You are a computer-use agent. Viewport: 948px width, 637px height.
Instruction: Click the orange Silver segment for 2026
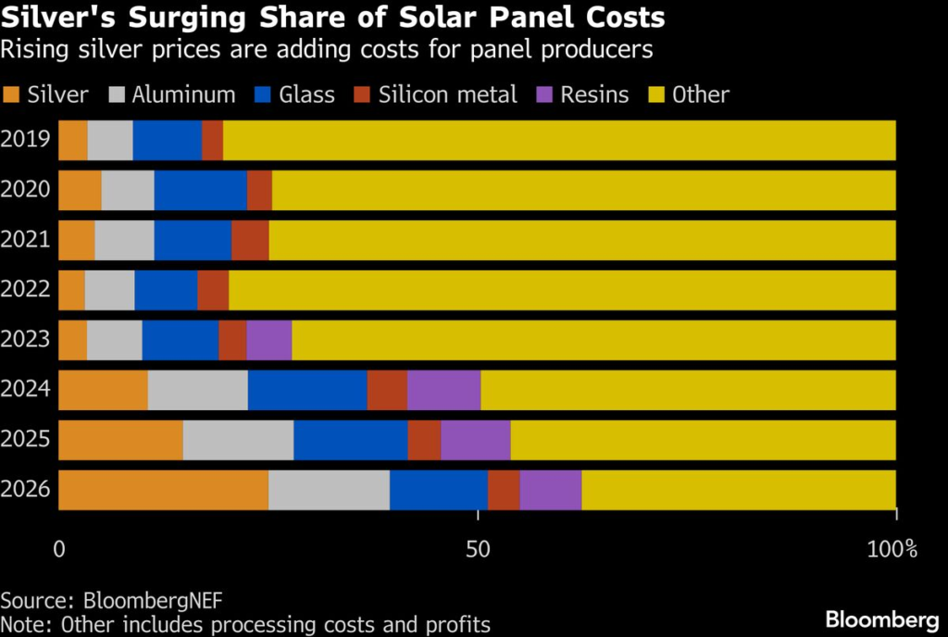pyautogui.click(x=163, y=490)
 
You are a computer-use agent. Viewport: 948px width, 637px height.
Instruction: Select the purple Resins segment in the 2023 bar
pyautogui.click(x=268, y=340)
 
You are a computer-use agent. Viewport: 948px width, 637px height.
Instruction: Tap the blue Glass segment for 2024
pyautogui.click(x=307, y=390)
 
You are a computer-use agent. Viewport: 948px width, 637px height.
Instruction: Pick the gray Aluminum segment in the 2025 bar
pyautogui.click(x=238, y=440)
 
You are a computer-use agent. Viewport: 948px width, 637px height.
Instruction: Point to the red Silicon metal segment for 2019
pyautogui.click(x=212, y=140)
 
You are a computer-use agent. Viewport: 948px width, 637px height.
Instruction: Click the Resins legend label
pyautogui.click(x=594, y=94)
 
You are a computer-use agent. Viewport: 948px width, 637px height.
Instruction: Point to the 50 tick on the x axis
pyautogui.click(x=478, y=549)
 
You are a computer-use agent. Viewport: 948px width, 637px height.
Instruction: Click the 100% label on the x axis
pyautogui.click(x=893, y=549)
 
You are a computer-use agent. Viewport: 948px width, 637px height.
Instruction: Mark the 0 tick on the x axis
pyautogui.click(x=59, y=549)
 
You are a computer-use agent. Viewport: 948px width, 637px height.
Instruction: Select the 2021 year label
pyautogui.click(x=26, y=240)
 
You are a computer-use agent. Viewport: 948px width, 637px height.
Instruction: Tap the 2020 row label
pyautogui.click(x=26, y=190)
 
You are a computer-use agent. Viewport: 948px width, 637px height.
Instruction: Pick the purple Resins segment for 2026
pyautogui.click(x=550, y=490)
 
